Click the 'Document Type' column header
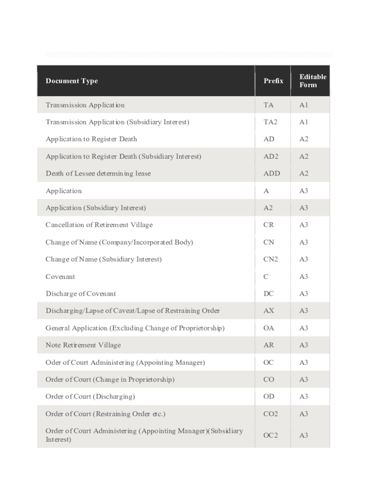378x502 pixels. click(72, 81)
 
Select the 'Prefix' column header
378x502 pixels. click(273, 81)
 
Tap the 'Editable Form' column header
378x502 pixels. click(312, 81)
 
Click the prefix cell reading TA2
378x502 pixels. click(270, 122)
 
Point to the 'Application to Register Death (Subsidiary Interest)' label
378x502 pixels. click(123, 156)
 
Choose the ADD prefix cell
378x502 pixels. click(271, 174)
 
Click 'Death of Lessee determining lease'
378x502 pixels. click(98, 174)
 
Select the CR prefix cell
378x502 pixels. click(269, 225)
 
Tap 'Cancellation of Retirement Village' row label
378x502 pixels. click(99, 225)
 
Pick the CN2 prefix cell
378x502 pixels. click(270, 259)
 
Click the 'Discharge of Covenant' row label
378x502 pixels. click(81, 294)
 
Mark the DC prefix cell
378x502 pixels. click(269, 294)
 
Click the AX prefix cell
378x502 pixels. click(269, 311)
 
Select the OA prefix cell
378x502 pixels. click(269, 328)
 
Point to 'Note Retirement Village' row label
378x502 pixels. click(83, 345)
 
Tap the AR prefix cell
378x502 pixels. click(269, 345)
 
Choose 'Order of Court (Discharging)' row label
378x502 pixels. click(90, 397)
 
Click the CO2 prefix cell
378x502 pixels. click(270, 414)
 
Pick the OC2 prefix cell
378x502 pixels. click(270, 435)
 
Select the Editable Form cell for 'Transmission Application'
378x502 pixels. click(304, 105)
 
